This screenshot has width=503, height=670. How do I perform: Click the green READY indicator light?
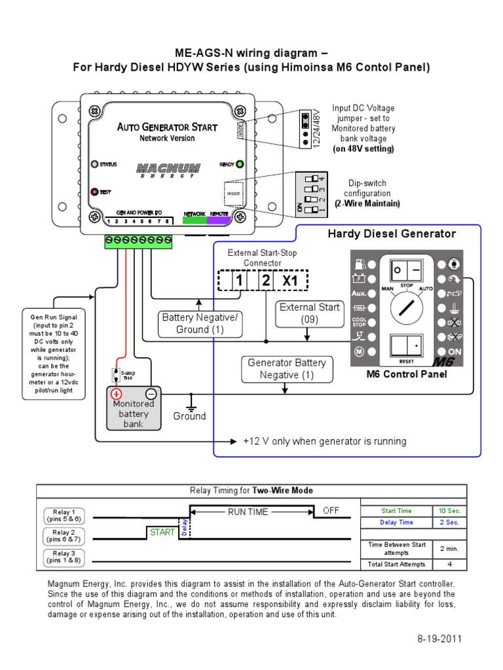click(x=240, y=164)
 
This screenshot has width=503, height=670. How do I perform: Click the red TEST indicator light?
click(x=94, y=192)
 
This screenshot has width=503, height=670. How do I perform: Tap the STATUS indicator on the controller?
click(x=94, y=164)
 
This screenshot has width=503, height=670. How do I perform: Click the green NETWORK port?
click(x=195, y=220)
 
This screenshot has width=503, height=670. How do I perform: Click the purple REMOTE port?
click(x=219, y=220)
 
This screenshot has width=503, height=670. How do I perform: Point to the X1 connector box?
click(x=289, y=280)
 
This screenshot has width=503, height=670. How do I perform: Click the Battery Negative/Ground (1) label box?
click(x=200, y=323)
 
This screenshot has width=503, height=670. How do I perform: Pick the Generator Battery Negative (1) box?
click(x=287, y=368)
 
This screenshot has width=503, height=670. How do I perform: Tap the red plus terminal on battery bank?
click(x=116, y=394)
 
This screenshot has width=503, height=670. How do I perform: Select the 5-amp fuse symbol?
click(x=116, y=375)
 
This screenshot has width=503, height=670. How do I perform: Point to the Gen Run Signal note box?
click(x=56, y=353)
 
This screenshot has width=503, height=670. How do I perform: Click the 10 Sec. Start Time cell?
click(x=449, y=510)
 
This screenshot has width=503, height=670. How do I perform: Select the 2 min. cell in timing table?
click(x=449, y=549)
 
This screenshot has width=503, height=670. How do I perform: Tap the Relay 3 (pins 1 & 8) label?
click(x=64, y=557)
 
